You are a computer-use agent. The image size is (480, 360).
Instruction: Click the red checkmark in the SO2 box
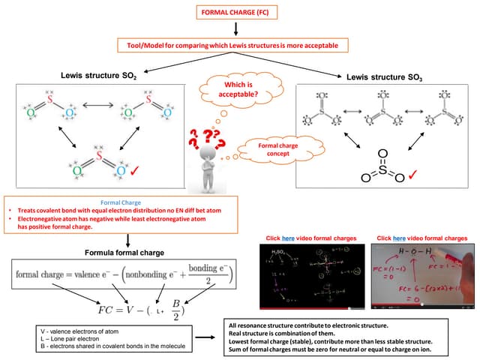pos(136,172)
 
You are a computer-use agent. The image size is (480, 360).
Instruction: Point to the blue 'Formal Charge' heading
pos(121,202)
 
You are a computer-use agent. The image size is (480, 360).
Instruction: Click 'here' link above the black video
pos(288,238)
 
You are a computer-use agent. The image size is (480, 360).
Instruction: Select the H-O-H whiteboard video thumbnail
pos(422,276)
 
